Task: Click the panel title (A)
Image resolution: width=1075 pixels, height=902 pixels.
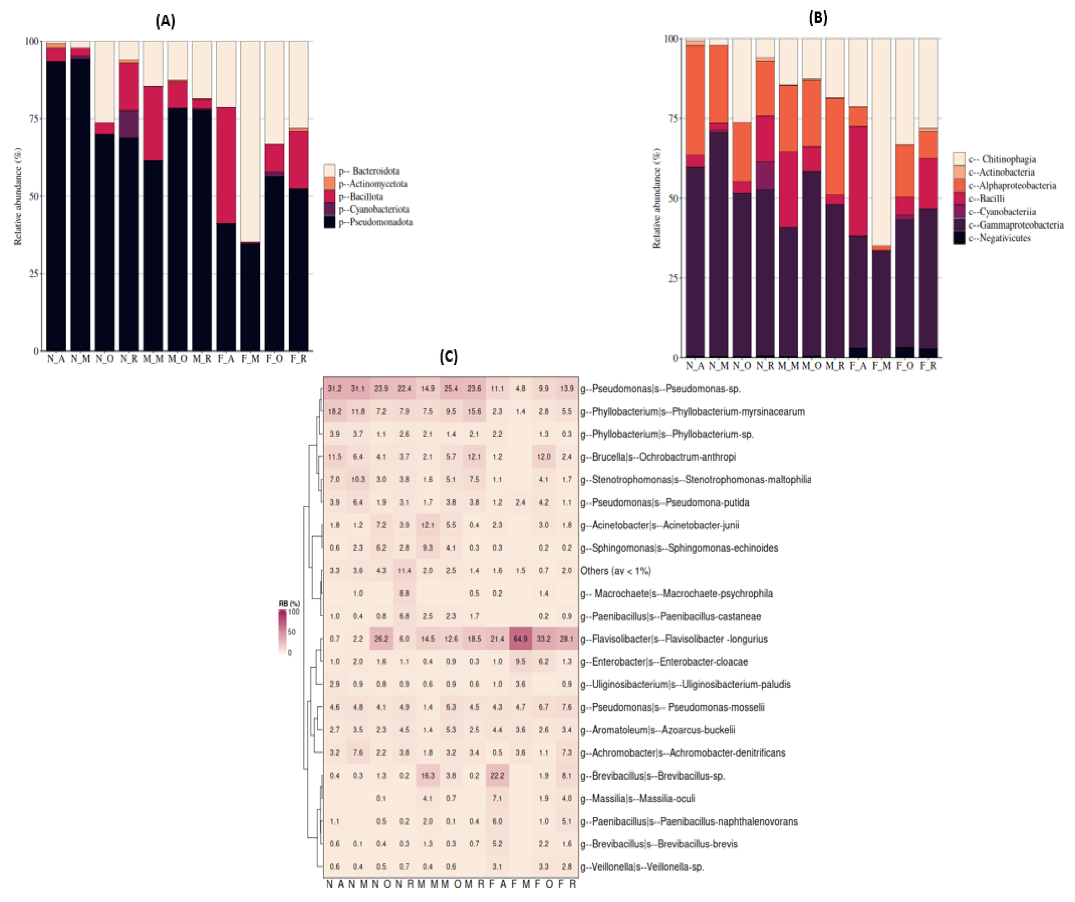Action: [165, 21]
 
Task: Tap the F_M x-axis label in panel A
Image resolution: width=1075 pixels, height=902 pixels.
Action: [250, 358]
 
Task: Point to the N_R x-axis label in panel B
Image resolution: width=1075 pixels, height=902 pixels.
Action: [765, 366]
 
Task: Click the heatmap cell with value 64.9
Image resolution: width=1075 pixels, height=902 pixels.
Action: [520, 639]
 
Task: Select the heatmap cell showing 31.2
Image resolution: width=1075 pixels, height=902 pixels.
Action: [335, 388]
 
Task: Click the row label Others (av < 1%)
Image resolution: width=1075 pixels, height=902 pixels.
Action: [615, 571]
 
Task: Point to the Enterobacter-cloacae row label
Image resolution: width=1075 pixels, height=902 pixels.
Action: [664, 661]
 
